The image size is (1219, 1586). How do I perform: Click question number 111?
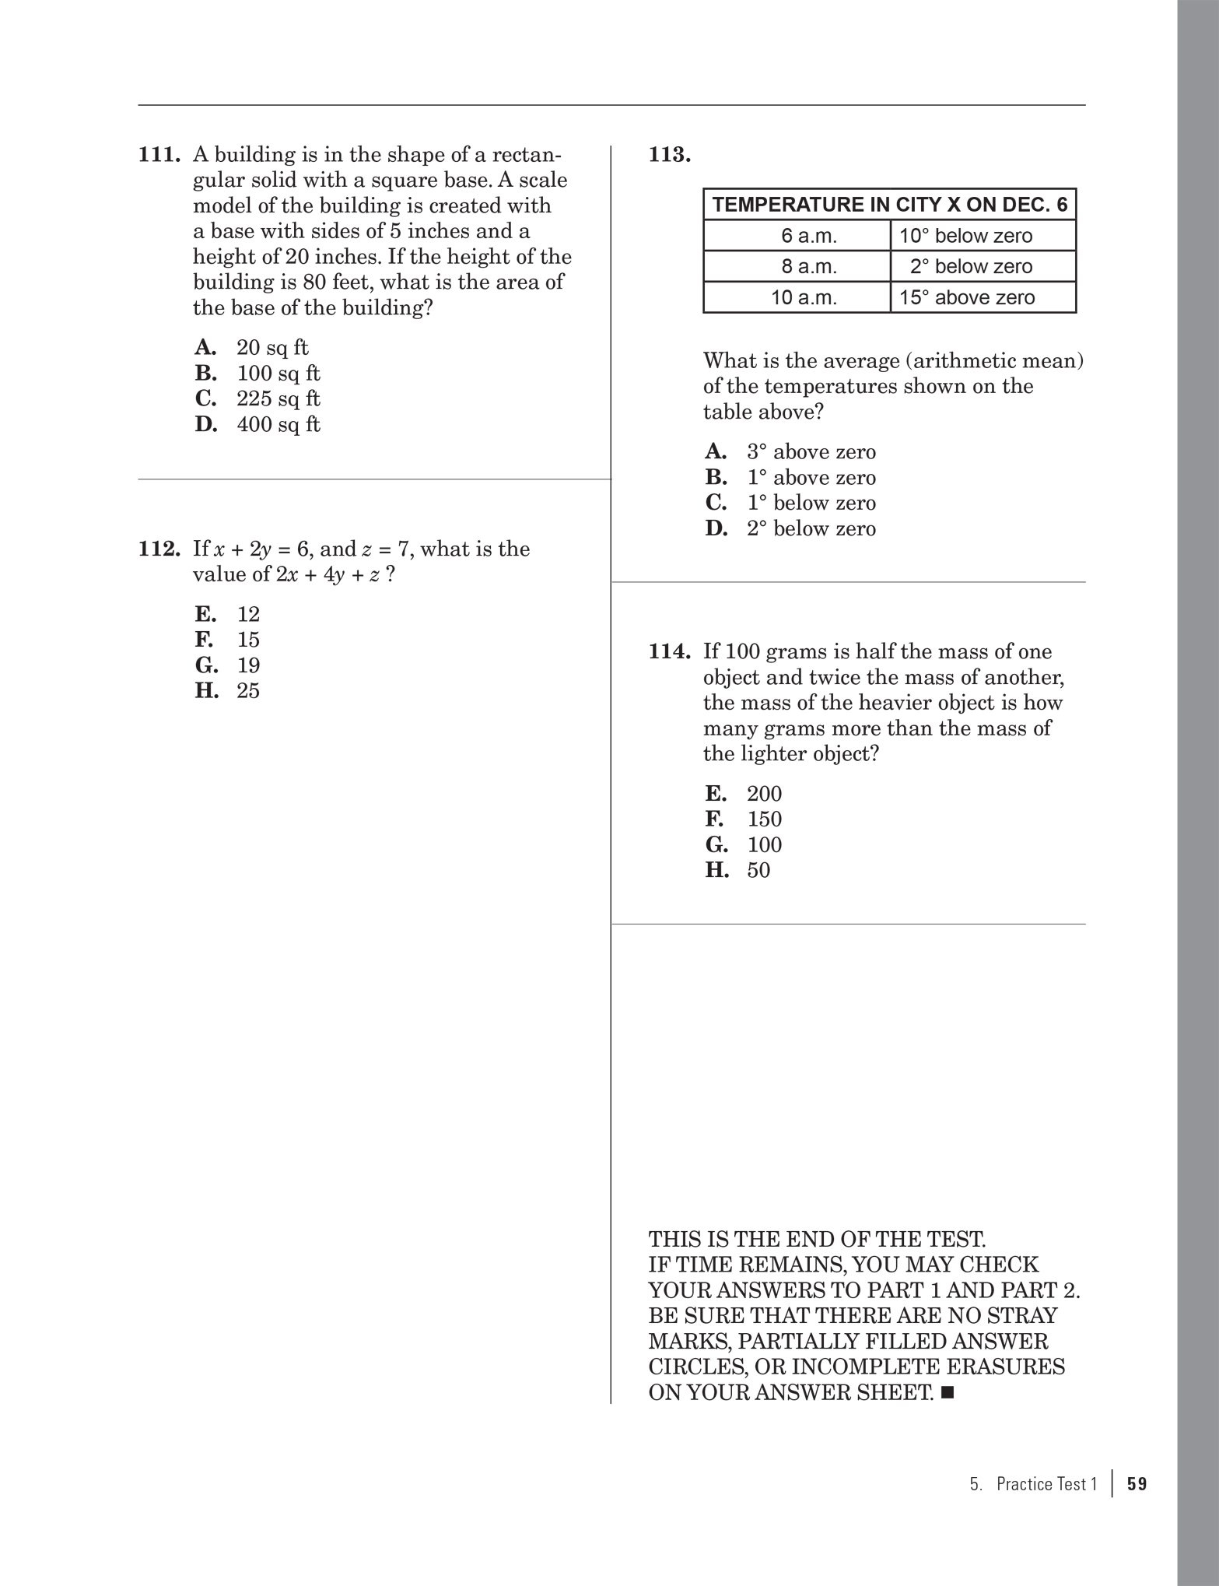click(159, 155)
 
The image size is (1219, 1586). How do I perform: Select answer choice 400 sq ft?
click(278, 425)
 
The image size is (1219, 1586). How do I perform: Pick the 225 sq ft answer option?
click(278, 399)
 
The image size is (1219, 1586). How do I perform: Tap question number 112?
click(159, 549)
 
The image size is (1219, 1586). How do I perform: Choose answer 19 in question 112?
click(248, 666)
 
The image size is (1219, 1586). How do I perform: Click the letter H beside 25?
click(206, 691)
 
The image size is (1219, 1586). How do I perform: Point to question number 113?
click(670, 155)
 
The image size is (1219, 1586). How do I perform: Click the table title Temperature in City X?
click(889, 205)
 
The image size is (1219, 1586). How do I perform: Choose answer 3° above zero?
click(811, 452)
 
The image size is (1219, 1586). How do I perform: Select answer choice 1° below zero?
click(811, 504)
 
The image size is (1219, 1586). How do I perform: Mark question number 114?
click(670, 652)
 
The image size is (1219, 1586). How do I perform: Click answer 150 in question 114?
click(764, 819)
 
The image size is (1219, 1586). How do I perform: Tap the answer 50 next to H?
click(758, 870)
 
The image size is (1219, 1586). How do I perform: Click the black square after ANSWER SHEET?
click(947, 1392)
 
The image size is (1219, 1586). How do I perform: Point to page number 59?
click(1137, 1484)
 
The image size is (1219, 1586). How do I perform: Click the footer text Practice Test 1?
click(1046, 1484)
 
